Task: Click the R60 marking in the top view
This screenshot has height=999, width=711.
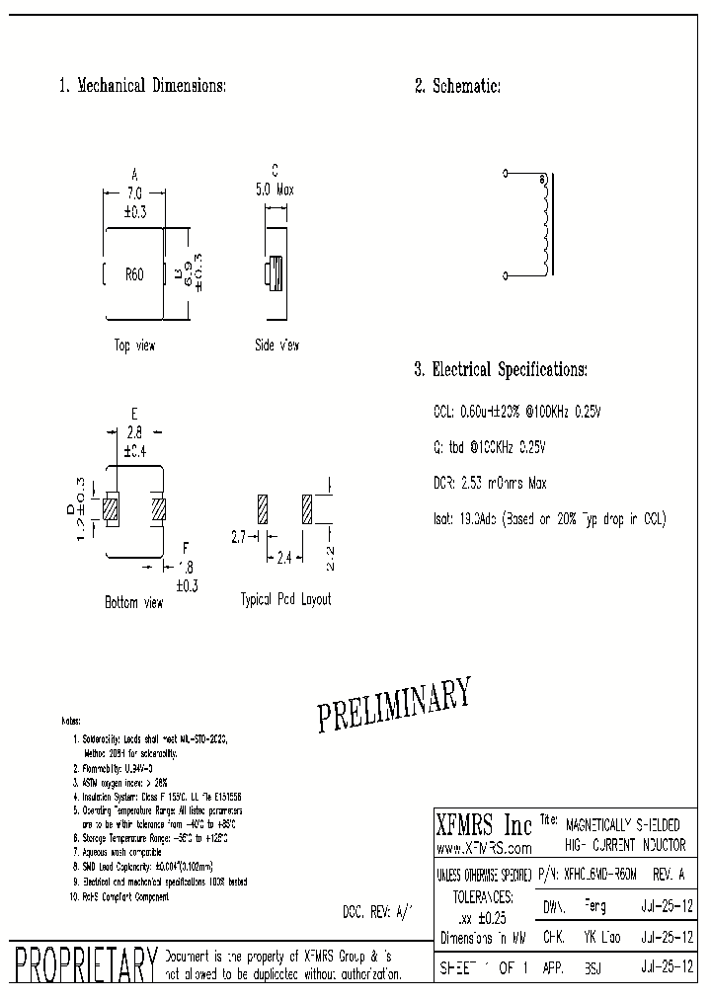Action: click(133, 274)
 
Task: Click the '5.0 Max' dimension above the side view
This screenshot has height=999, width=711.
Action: click(275, 190)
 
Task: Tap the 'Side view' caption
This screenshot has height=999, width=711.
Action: click(276, 346)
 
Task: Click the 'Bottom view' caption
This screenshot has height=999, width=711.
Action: click(134, 601)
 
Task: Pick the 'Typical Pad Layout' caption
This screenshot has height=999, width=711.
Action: click(286, 599)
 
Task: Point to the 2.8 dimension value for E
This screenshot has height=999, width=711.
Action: click(135, 432)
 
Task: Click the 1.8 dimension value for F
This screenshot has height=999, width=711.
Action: click(186, 568)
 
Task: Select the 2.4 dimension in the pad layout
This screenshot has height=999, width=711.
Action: click(282, 558)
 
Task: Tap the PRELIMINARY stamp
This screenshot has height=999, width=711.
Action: click(394, 705)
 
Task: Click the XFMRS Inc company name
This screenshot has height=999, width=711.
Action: click(484, 825)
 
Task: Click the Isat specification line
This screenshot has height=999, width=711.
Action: click(549, 519)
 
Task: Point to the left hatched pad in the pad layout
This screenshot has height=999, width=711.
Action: click(262, 508)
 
